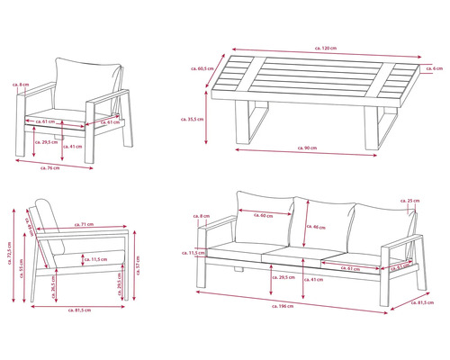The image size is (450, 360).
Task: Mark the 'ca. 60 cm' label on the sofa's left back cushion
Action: [264, 215]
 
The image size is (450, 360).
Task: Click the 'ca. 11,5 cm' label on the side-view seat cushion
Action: [94, 259]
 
